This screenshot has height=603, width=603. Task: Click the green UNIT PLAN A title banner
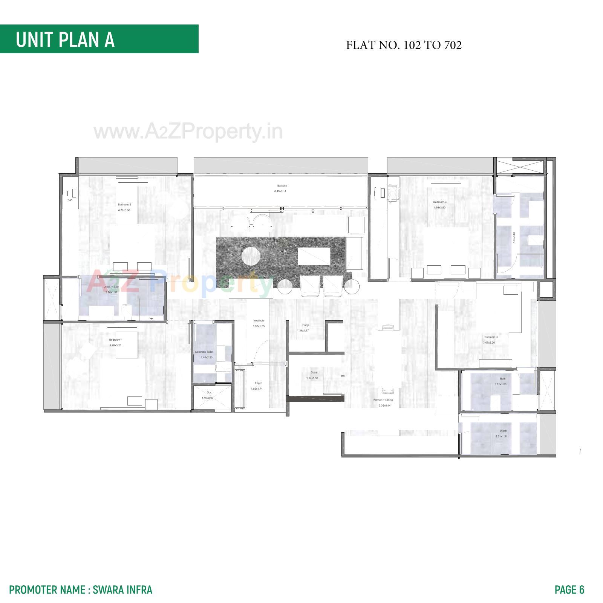[x=99, y=39]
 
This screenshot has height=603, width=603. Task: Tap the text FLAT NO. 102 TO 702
[x=404, y=45]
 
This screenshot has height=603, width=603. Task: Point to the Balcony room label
[x=282, y=186]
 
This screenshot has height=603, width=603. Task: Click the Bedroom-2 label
[x=124, y=205]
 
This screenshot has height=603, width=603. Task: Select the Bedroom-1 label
[x=116, y=340]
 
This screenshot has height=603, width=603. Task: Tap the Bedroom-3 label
[x=440, y=202]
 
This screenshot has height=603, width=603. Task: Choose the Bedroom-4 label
[x=491, y=337]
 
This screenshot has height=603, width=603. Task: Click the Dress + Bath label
[x=111, y=287]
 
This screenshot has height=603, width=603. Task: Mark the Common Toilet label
[x=204, y=352]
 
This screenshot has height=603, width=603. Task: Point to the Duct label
[x=210, y=392]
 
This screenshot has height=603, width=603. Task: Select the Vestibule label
[x=259, y=321]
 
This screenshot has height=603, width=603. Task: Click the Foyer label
[x=258, y=383]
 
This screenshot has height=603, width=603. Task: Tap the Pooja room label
[x=306, y=325]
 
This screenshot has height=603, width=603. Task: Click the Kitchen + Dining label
[x=383, y=400]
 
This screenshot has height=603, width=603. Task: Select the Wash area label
[x=503, y=431]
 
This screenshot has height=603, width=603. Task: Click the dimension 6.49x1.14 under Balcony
[x=280, y=191]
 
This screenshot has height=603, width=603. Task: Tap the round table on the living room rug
[x=251, y=256]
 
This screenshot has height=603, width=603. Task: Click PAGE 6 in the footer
[x=569, y=589]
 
